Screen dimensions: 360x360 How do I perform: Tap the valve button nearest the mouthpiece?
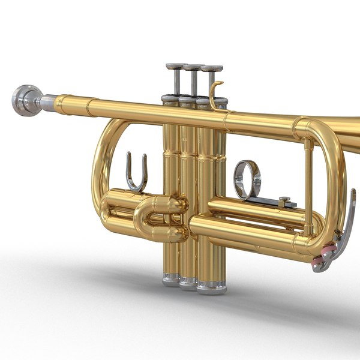(176, 66)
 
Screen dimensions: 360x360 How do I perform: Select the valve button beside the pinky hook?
(212, 69)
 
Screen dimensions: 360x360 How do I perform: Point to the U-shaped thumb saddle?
(136, 174)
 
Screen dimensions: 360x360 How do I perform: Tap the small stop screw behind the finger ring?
(285, 200)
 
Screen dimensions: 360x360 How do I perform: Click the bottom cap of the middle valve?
(188, 280)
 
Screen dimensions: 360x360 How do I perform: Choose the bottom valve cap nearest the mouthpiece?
(170, 277)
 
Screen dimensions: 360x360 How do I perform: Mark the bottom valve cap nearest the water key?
(211, 286)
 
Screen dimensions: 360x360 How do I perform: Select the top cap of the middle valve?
(190, 98)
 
